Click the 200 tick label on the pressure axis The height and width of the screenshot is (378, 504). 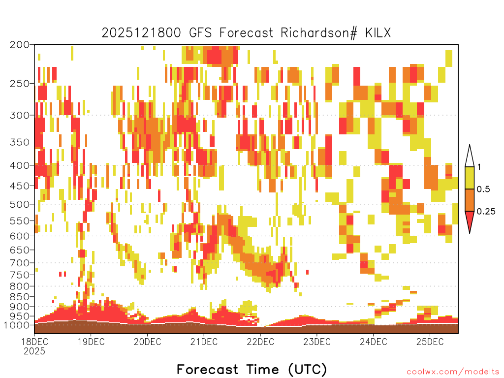pyautogui.click(x=19, y=45)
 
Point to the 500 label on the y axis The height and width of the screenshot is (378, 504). pyautogui.click(x=19, y=204)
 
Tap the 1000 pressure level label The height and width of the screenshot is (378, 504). pyautogui.click(x=17, y=325)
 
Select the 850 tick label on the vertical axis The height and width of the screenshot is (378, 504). pyautogui.click(x=19, y=297)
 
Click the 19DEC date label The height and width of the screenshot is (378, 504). pyautogui.click(x=91, y=342)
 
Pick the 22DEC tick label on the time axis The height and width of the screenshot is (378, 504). pyautogui.click(x=260, y=342)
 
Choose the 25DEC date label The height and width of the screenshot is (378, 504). pyautogui.click(x=430, y=342)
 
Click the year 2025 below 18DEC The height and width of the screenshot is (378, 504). pyautogui.click(x=34, y=351)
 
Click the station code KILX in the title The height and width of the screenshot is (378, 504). pyautogui.click(x=378, y=33)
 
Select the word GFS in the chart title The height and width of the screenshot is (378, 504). pyautogui.click(x=201, y=33)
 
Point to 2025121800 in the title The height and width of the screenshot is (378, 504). pyautogui.click(x=141, y=33)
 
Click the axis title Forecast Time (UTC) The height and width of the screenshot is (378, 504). pyautogui.click(x=252, y=369)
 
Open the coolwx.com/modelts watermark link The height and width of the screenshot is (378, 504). pyautogui.click(x=453, y=372)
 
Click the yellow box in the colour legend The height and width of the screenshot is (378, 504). pyautogui.click(x=470, y=178)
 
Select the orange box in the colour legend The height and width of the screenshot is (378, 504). pyautogui.click(x=470, y=200)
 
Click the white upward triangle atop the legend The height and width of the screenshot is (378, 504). pyautogui.click(x=470, y=157)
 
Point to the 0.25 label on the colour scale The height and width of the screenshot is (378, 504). pyautogui.click(x=486, y=212)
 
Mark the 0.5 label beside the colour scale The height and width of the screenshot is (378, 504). pyautogui.click(x=483, y=189)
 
